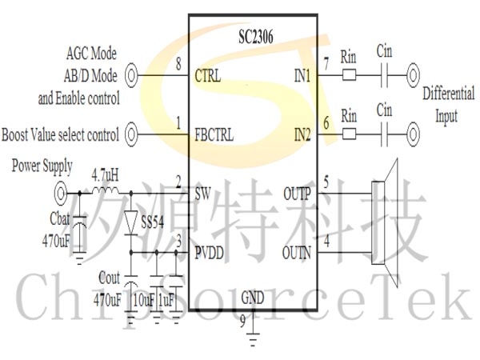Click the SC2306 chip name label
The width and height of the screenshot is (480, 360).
point(256,37)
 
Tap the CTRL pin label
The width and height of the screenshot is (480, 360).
point(207,76)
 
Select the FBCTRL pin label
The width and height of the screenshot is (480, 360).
point(214,134)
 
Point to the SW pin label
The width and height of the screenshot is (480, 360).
point(202,194)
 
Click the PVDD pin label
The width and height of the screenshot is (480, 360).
point(209,253)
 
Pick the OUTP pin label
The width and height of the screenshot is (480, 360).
point(298,194)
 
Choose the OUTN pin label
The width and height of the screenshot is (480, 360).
point(297,253)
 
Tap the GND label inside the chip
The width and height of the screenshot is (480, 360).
point(253,298)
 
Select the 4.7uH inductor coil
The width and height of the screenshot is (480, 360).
point(105,190)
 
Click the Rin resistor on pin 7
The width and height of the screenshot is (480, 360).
point(349,75)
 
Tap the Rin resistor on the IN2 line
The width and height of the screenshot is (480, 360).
point(349,134)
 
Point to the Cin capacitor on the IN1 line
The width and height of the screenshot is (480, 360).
point(385,75)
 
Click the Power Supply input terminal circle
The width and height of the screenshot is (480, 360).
point(60,193)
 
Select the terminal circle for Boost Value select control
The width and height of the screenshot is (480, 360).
point(131,134)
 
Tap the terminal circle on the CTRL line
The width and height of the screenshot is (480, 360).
point(131,75)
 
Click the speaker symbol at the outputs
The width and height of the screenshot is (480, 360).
point(384,223)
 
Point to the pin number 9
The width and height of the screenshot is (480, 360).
point(242,321)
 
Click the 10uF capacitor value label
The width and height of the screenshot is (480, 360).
point(144,300)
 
